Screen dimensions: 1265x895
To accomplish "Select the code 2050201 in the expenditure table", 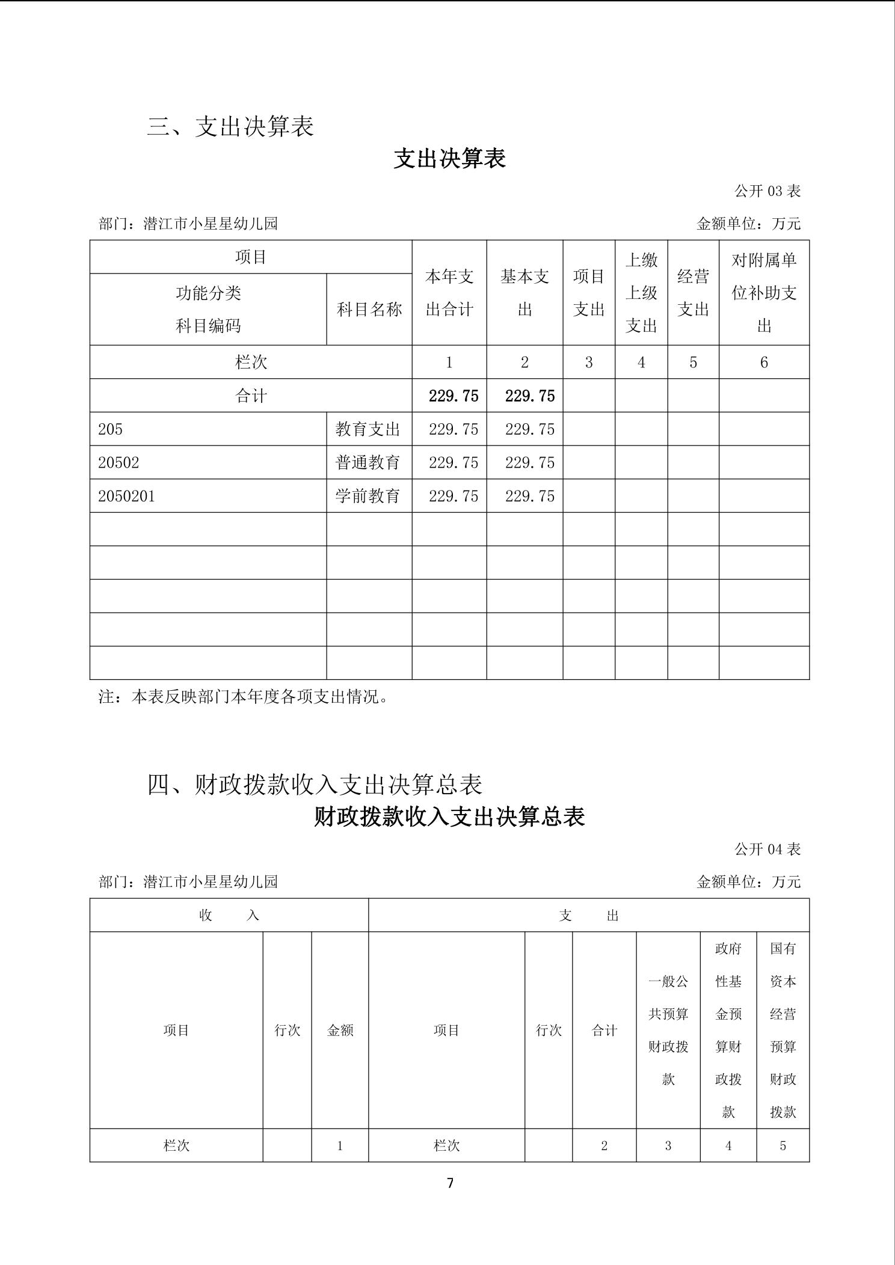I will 126,496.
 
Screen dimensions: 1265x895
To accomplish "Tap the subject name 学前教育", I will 368,496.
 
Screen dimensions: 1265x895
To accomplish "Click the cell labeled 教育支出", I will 368,429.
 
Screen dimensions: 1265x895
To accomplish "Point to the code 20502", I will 118,462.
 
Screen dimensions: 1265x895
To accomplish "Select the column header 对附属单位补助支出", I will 764,293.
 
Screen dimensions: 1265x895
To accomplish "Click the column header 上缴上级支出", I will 641,293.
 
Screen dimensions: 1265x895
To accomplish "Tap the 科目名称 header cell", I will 369,310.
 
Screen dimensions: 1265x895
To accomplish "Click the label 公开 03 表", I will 767,191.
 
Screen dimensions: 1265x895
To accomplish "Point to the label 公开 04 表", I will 767,849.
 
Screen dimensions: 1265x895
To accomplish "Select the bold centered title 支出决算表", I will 449,159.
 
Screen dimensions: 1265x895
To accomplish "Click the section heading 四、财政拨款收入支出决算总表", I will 315,785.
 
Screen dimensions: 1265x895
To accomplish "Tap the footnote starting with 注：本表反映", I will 244,697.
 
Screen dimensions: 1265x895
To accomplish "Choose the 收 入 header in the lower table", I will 229,915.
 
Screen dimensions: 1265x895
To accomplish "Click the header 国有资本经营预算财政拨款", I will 783,1030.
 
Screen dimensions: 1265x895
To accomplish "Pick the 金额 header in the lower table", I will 340,1030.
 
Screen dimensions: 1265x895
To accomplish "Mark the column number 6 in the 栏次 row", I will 764,362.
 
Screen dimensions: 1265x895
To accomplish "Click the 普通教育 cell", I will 368,462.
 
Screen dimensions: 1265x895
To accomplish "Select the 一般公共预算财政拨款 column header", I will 668,1030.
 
